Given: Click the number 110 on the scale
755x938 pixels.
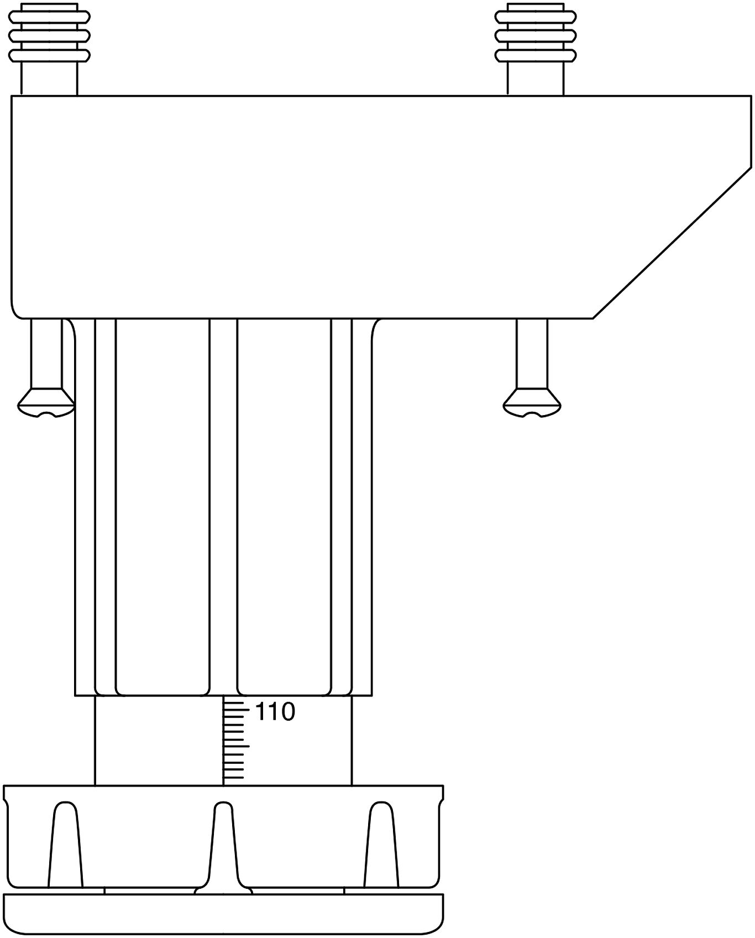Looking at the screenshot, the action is pyautogui.click(x=275, y=712).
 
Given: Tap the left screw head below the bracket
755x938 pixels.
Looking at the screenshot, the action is pyautogui.click(x=46, y=401).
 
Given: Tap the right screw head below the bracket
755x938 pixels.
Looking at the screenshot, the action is pyautogui.click(x=532, y=401).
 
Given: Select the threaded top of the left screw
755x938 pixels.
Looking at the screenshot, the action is pyautogui.click(x=49, y=32).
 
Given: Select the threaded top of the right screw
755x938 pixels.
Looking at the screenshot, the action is pyautogui.click(x=536, y=32).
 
